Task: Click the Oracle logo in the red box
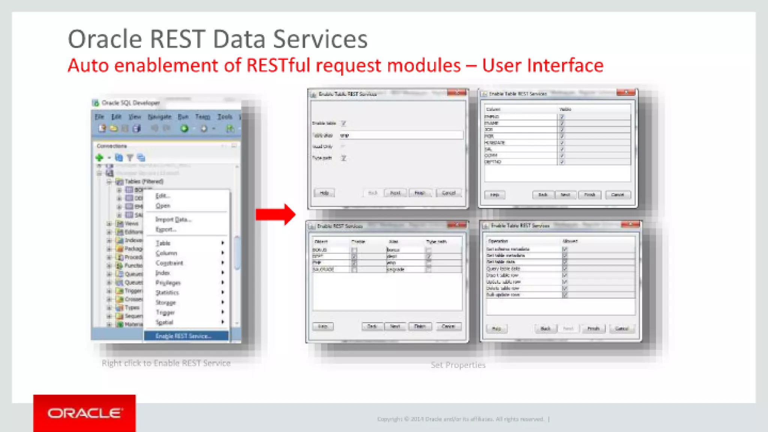84,413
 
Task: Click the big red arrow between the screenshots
276,214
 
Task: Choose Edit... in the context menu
163,196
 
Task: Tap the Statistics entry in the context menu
167,292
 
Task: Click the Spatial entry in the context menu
164,322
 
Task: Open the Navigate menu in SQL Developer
159,117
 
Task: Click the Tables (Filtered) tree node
144,181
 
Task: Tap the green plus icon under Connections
99,157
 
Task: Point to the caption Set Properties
458,365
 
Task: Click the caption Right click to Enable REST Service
166,363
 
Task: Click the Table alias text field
401,135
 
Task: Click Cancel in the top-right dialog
617,195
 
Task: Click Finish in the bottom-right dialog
593,328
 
